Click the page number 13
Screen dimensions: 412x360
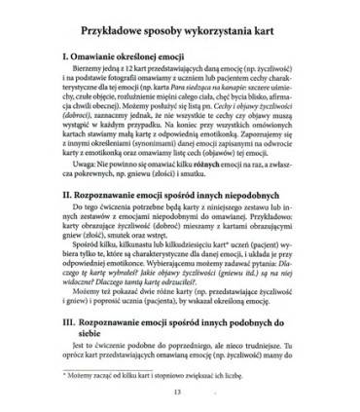(182, 404)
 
